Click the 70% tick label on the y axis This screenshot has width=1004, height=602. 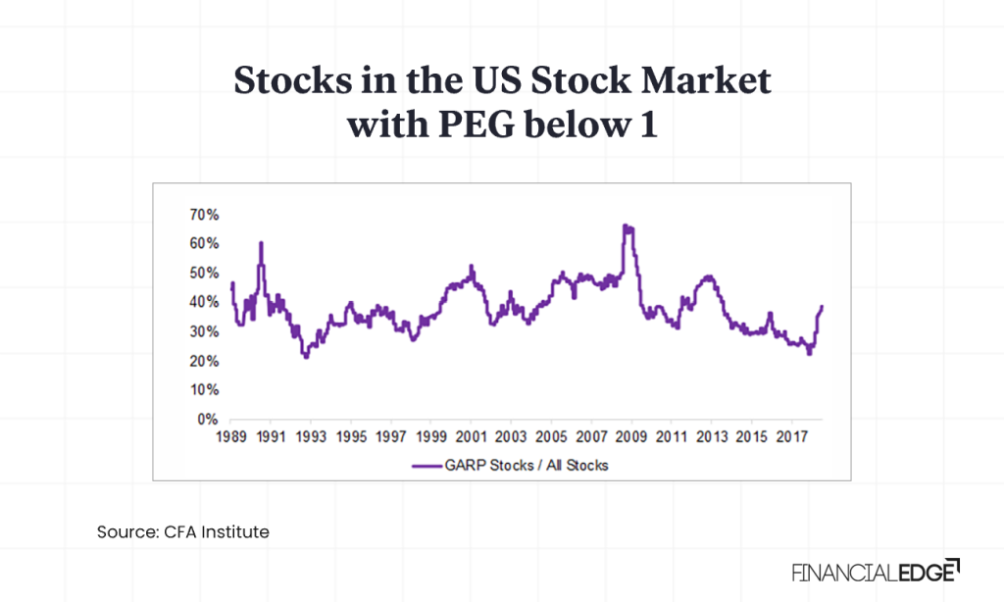(x=203, y=214)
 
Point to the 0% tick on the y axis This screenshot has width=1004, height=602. (x=207, y=420)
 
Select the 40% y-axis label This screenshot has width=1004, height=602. (x=203, y=302)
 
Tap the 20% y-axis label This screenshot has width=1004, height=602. (x=203, y=361)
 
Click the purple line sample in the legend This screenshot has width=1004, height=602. (x=435, y=465)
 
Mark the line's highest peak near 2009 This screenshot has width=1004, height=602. (x=626, y=226)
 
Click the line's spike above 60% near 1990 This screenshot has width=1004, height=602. (x=261, y=242)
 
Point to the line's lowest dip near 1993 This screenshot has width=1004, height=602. (x=307, y=357)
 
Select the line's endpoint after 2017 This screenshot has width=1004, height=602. (x=822, y=306)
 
